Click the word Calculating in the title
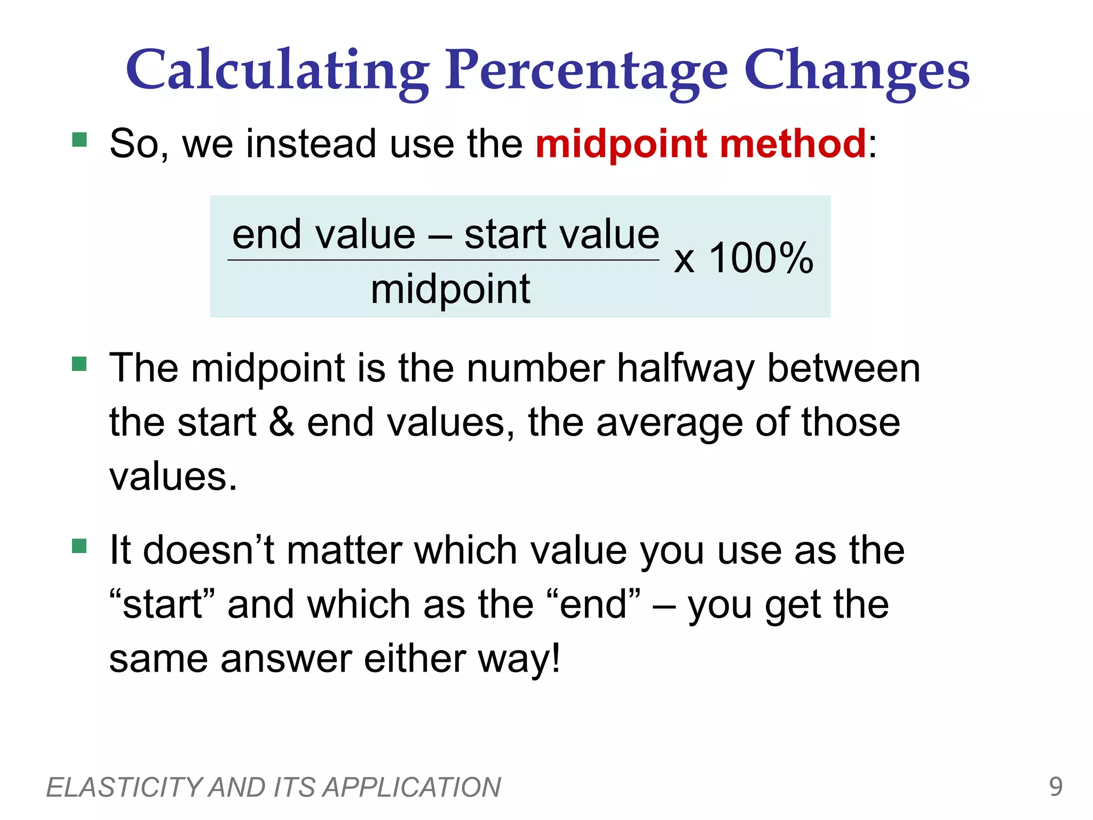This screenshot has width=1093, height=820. pyautogui.click(x=278, y=70)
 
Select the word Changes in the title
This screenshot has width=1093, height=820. pyautogui.click(x=856, y=70)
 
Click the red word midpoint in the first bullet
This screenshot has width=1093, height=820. pyautogui.click(x=621, y=144)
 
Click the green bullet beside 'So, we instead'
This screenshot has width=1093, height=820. pyautogui.click(x=80, y=140)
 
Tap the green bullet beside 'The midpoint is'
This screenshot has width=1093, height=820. pyautogui.click(x=80, y=364)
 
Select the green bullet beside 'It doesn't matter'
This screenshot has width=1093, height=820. pyautogui.click(x=80, y=546)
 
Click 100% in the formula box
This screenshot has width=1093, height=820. pyautogui.click(x=761, y=258)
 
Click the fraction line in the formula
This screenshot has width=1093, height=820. pyautogui.click(x=443, y=261)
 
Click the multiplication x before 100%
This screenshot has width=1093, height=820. pyautogui.click(x=684, y=261)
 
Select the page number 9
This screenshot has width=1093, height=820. pyautogui.click(x=1056, y=786)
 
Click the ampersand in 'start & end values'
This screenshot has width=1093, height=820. pyautogui.click(x=281, y=422)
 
